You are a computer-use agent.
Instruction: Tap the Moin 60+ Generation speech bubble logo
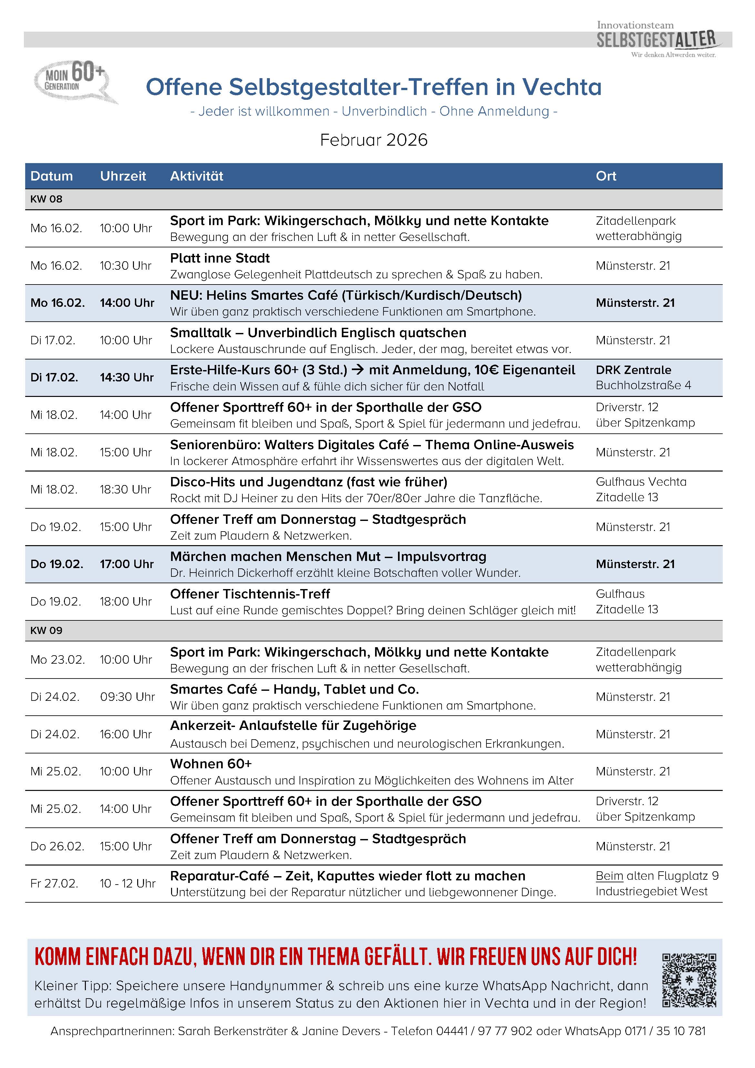(74, 81)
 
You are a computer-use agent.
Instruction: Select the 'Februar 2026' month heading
(374, 140)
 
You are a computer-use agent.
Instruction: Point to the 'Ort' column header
(606, 176)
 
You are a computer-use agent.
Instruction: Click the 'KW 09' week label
(46, 630)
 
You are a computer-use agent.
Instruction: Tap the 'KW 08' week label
(46, 199)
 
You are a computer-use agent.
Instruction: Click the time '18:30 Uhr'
(126, 489)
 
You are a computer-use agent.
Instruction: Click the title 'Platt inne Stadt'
(220, 258)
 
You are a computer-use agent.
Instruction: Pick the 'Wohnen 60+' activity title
(210, 764)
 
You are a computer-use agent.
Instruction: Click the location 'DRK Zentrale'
(633, 370)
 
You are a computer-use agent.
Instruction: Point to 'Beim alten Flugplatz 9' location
(657, 876)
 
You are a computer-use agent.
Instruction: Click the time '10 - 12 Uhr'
(128, 883)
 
